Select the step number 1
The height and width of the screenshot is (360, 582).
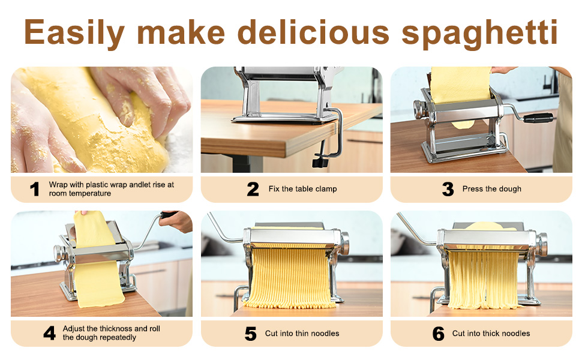(35, 189)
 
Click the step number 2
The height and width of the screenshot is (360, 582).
(253, 189)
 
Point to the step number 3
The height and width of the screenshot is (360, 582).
(448, 189)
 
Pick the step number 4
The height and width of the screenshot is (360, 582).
(49, 333)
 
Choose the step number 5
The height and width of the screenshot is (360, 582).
(251, 334)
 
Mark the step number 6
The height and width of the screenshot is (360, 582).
(439, 334)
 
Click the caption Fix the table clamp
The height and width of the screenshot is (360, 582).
(302, 189)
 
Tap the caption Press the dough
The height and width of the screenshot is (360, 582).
(491, 189)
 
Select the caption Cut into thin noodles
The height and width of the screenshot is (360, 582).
(302, 334)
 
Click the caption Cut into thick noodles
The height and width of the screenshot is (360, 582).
(491, 334)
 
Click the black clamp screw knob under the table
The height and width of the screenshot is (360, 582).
(322, 161)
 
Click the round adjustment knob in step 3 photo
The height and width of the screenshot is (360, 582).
(418, 109)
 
